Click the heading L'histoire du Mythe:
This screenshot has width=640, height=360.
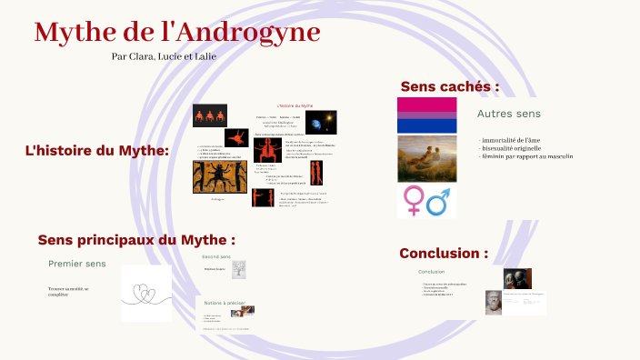point(97,150)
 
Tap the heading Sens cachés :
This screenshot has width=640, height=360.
point(449,86)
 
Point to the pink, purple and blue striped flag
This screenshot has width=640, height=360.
point(426,115)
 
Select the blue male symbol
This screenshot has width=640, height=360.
point(441,201)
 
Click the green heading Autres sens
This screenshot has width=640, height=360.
point(509,115)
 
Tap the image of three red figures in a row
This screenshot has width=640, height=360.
point(209,115)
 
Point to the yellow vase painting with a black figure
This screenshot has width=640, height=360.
point(219,177)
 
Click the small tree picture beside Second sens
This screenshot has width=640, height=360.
point(239,270)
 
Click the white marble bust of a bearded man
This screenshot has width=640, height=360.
point(492,303)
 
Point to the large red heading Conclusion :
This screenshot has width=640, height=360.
point(443,253)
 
